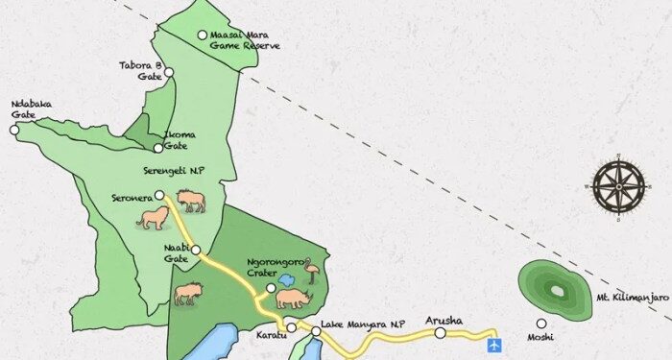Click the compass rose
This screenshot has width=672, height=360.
(618, 186)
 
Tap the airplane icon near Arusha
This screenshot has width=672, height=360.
(495, 344)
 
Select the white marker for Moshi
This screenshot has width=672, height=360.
(541, 324)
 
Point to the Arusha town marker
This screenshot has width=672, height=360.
(440, 333)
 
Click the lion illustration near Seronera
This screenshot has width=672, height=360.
(152, 220)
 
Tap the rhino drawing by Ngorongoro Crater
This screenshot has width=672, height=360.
(294, 299)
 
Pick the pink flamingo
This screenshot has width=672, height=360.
(312, 275)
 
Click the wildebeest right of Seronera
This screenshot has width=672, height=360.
(190, 201)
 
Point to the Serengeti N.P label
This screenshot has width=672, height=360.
(175, 170)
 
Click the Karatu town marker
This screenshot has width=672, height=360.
(292, 328)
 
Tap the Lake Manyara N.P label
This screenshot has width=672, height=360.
(358, 324)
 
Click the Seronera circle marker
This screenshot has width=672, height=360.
(161, 195)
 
